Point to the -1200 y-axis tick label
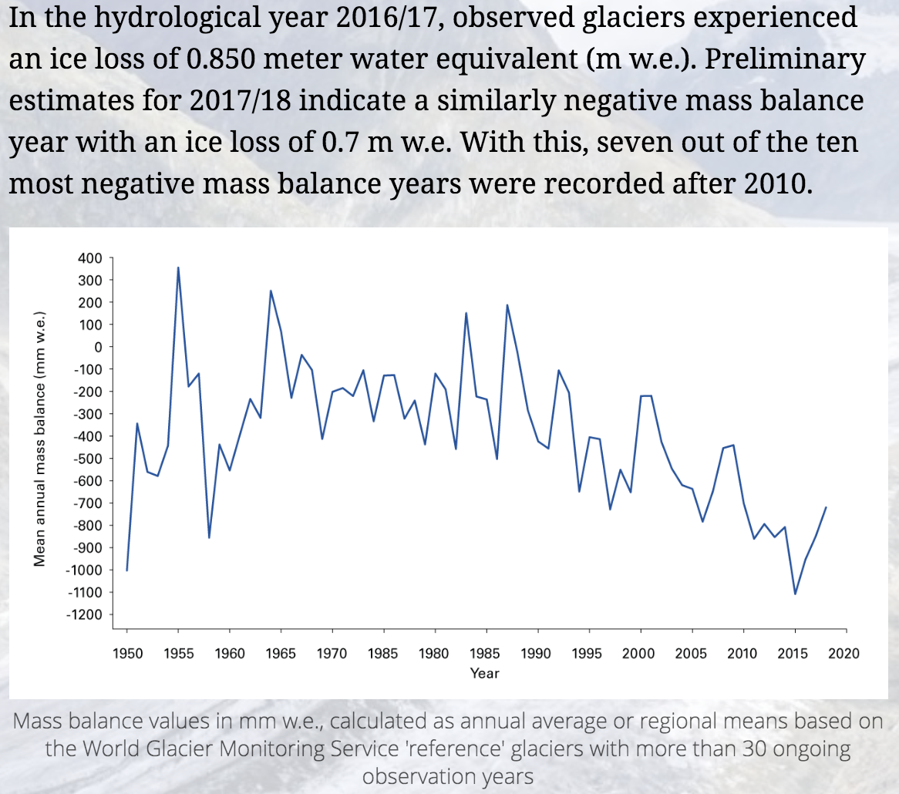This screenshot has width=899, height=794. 85,615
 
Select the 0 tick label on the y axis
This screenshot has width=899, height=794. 98,348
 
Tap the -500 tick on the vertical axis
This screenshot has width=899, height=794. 88,459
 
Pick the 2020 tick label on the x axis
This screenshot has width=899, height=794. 843,654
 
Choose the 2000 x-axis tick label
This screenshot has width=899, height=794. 638,654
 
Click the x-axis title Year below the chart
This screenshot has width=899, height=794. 485,674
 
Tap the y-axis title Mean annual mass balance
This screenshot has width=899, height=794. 40,439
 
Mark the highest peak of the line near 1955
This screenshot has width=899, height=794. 178,268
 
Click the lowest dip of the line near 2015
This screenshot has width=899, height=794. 795,594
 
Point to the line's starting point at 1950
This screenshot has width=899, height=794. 127,570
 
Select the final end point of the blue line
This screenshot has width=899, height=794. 826,507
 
